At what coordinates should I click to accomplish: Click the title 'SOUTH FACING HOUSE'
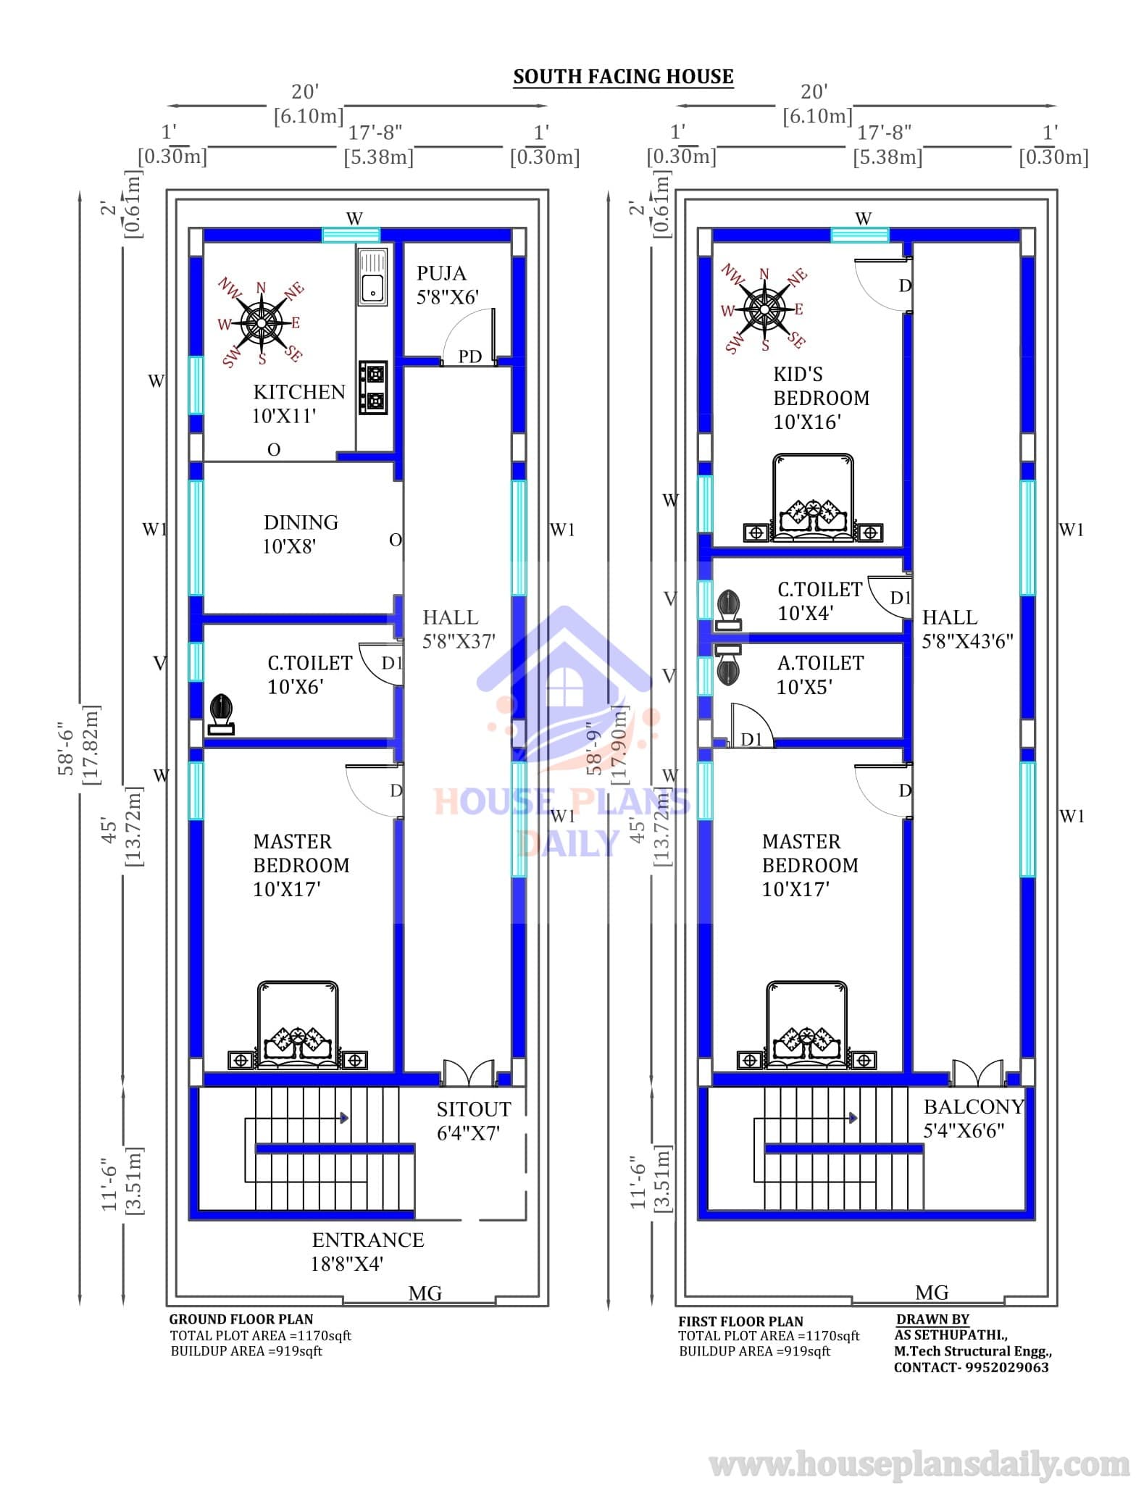623,77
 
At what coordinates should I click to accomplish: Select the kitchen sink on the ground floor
372,275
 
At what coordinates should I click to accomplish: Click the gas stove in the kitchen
373,388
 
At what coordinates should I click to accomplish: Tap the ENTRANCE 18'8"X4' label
368,1251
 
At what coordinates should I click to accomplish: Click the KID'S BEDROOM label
821,398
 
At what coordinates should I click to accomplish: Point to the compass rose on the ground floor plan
262,322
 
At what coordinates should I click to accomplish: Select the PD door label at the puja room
470,356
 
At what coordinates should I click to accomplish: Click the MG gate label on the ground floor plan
425,1293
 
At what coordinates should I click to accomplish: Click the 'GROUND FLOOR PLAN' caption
241,1319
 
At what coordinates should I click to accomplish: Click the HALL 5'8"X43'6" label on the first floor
967,629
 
